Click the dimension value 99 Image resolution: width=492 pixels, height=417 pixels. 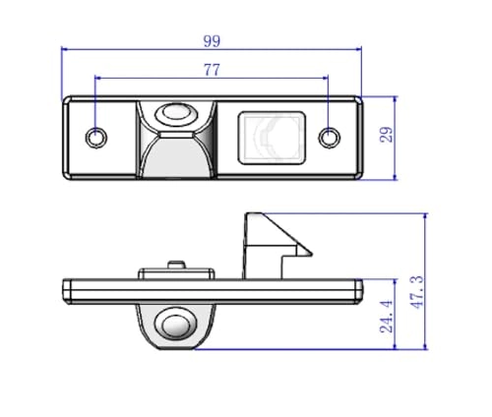pyautogui.click(x=212, y=40)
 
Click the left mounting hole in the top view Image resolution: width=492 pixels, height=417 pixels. pyautogui.click(x=96, y=137)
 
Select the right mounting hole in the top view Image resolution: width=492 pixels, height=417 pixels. pyautogui.click(x=331, y=136)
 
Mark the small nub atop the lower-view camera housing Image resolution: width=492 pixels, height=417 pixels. pyautogui.click(x=176, y=264)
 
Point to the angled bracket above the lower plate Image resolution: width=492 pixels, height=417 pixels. pyautogui.click(x=268, y=243)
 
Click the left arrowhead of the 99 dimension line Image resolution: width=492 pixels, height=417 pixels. pyautogui.click(x=65, y=49)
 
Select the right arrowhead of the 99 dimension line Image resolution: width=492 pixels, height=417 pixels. pyautogui.click(x=359, y=49)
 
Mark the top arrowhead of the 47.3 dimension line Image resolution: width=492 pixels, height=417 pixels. pyautogui.click(x=426, y=213)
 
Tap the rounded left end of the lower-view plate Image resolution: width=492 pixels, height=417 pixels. pyautogui.click(x=67, y=290)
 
